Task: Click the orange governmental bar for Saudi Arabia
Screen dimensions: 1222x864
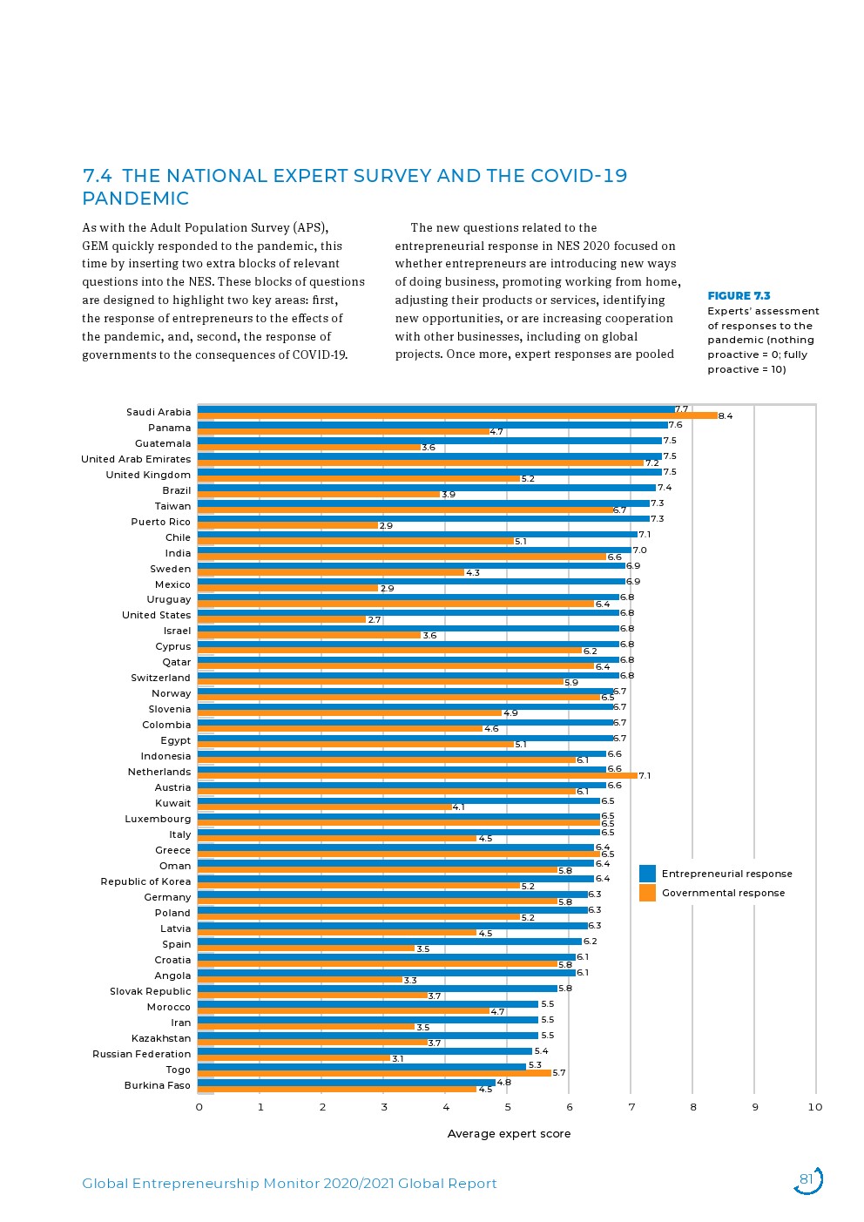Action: click(457, 416)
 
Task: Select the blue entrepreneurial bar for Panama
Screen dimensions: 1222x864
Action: click(432, 425)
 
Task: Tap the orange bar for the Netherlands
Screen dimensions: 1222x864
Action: click(417, 775)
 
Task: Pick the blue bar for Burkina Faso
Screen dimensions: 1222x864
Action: click(346, 1083)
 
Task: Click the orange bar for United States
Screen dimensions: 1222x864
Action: click(281, 619)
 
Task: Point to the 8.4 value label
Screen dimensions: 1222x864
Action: click(726, 416)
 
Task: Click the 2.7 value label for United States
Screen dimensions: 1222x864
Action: click(375, 620)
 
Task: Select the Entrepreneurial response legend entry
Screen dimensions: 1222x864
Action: click(726, 874)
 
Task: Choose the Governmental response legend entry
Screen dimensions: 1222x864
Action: click(723, 893)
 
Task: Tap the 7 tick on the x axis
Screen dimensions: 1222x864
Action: click(631, 1107)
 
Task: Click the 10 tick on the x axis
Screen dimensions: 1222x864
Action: click(815, 1107)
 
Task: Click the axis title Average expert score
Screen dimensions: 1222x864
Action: click(509, 1134)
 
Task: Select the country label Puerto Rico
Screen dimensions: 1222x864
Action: click(160, 522)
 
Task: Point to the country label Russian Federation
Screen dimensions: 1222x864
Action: click(141, 1054)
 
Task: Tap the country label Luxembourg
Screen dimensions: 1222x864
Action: click(158, 819)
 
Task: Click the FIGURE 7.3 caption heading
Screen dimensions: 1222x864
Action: click(739, 296)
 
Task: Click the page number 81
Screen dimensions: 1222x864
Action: click(806, 1180)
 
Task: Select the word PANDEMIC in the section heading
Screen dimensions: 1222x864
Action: click(136, 199)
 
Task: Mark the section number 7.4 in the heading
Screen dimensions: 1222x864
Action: click(97, 176)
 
